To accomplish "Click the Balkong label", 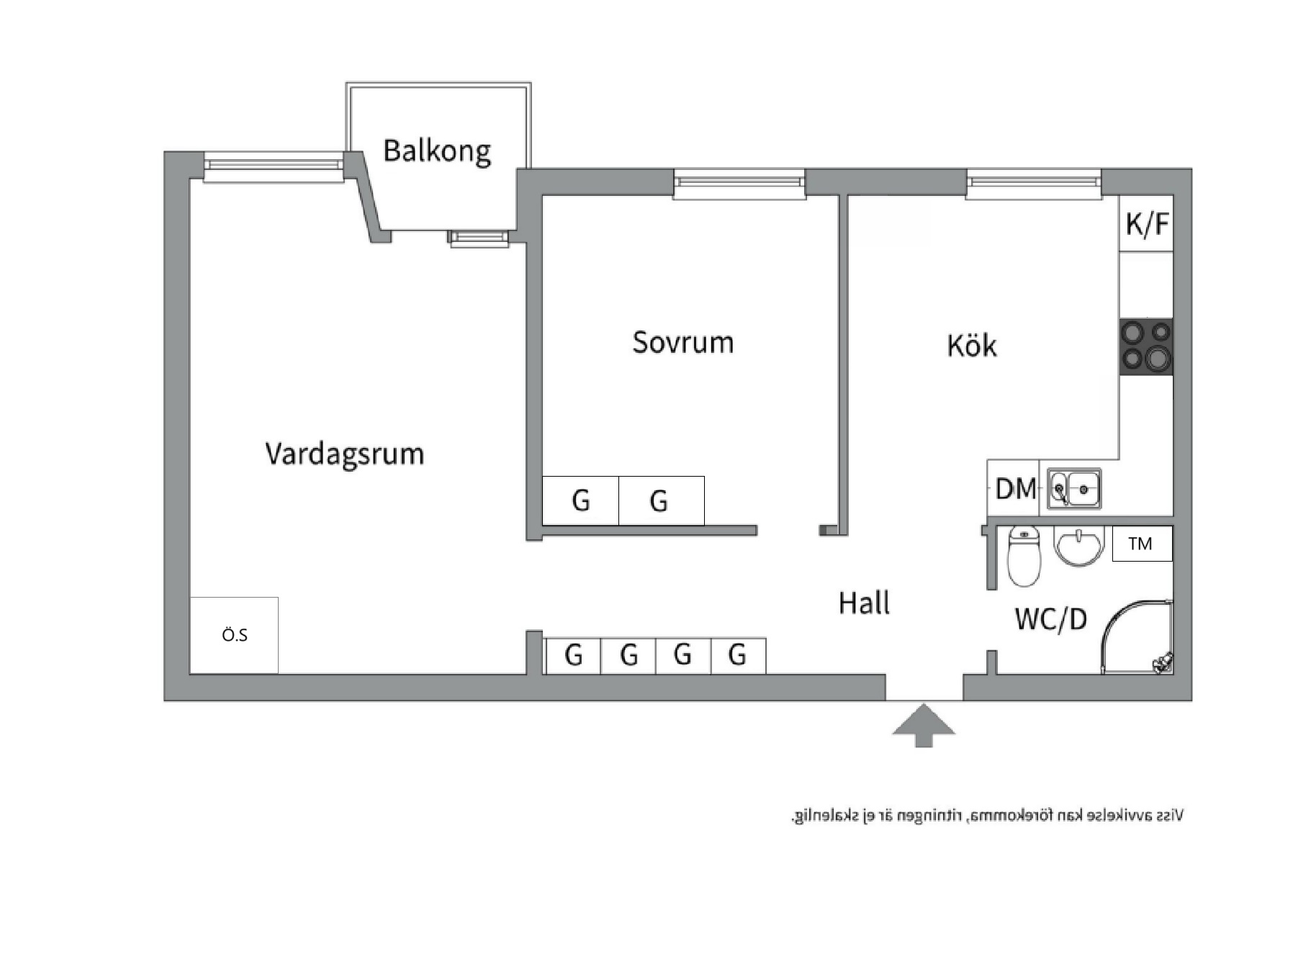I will tap(436, 151).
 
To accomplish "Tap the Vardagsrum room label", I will tap(344, 454).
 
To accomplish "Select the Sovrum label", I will tap(682, 343).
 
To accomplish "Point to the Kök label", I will tap(971, 346).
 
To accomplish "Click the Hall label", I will tap(864, 603).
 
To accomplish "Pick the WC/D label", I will tap(1050, 619).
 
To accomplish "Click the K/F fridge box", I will tap(1146, 224).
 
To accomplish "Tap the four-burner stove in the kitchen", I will tap(1146, 346).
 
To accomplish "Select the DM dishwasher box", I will tap(1014, 490).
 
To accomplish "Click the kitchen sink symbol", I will tap(1074, 489).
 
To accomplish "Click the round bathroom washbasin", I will tap(1078, 544).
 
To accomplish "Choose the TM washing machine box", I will tap(1141, 544).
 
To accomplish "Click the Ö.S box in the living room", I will tap(234, 635).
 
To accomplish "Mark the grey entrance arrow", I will tap(924, 725).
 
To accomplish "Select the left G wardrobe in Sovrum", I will tap(580, 500).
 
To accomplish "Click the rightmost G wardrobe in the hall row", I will tap(737, 655).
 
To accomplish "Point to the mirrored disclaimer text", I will tap(987, 816).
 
